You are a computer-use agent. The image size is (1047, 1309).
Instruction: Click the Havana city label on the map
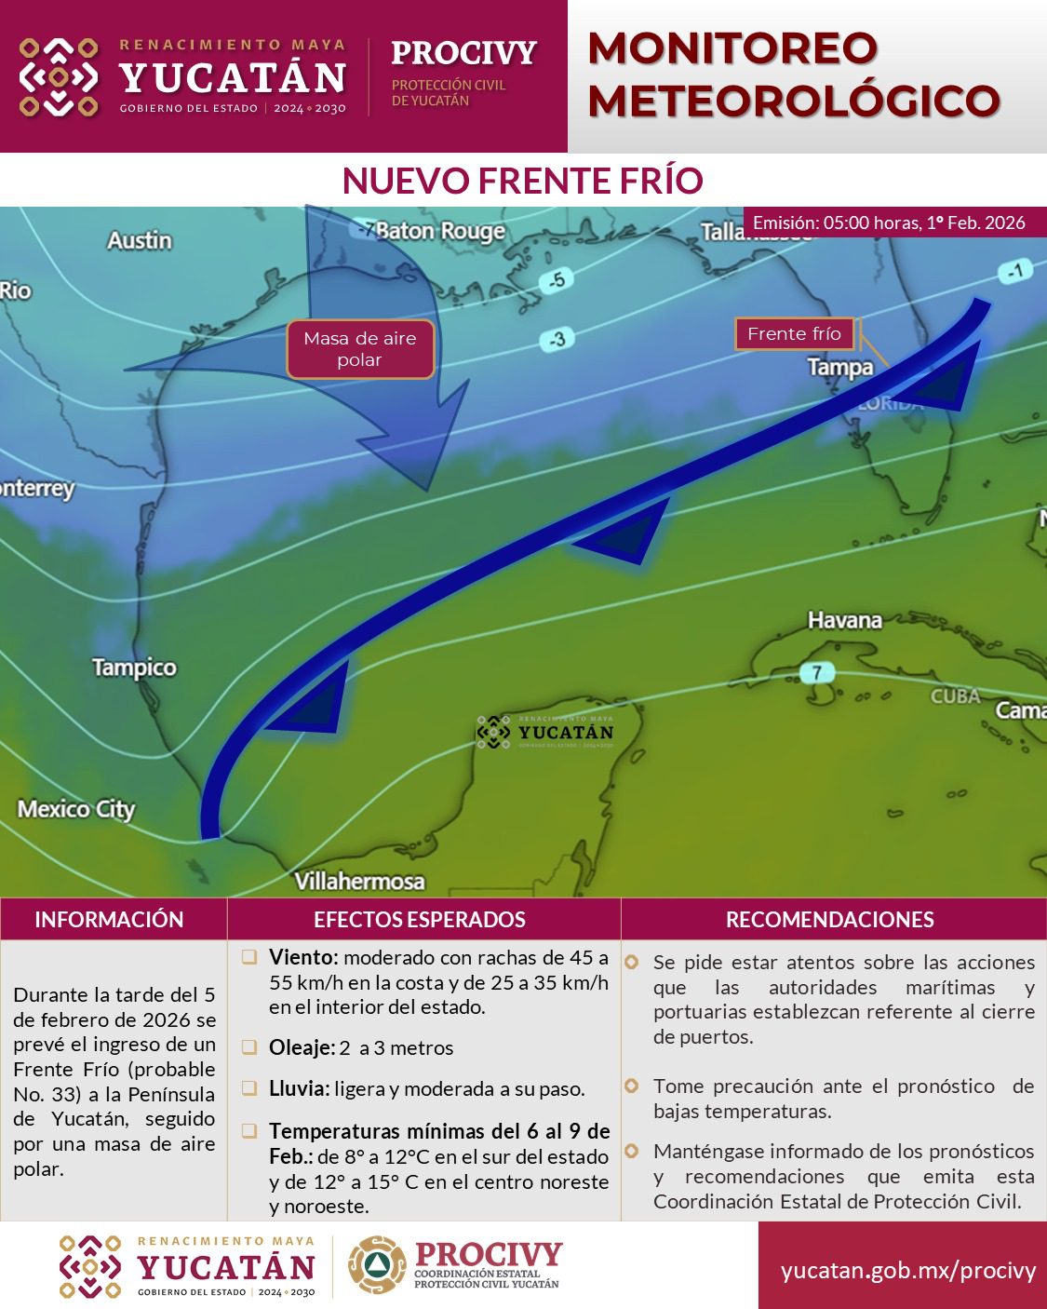click(844, 620)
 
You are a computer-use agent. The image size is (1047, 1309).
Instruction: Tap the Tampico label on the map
click(134, 668)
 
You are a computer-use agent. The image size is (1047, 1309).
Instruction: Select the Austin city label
click(140, 240)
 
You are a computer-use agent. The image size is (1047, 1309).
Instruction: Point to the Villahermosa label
click(359, 881)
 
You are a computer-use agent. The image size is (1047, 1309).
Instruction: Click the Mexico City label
click(76, 809)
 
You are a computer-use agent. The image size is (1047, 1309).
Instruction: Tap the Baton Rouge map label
click(440, 231)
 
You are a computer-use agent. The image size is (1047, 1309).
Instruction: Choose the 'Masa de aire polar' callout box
click(360, 349)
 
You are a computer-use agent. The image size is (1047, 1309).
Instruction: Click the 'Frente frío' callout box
click(794, 333)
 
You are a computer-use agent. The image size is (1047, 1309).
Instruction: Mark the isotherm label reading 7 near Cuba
click(816, 672)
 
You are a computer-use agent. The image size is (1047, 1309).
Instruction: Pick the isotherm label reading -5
click(557, 280)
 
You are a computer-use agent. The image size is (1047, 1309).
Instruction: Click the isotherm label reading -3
click(556, 339)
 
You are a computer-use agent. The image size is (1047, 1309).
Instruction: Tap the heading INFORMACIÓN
click(109, 920)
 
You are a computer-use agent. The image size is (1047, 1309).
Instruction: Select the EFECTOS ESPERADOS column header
click(420, 920)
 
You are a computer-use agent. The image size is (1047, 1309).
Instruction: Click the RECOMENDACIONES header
click(829, 920)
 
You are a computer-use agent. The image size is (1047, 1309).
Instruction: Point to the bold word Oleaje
click(301, 1047)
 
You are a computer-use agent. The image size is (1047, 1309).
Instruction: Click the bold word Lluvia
click(299, 1088)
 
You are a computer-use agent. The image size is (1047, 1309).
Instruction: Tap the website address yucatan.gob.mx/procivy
click(907, 1270)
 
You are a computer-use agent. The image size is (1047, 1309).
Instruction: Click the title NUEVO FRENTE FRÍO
click(522, 181)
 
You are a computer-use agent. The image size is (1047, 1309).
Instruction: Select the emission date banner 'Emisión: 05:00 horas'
click(889, 223)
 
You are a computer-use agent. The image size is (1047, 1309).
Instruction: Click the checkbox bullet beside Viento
click(249, 957)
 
